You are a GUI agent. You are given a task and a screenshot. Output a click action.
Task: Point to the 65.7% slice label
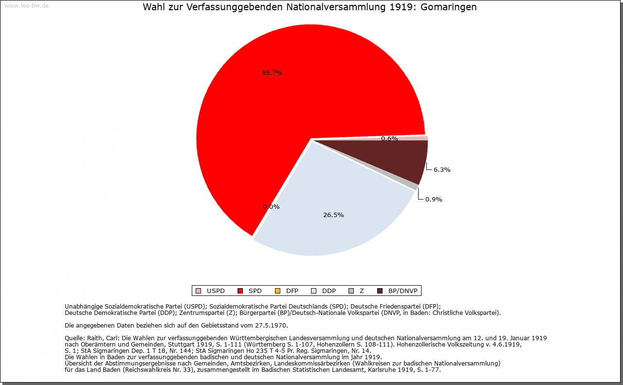click(272, 73)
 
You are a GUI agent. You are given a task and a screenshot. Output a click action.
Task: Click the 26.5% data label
click(333, 215)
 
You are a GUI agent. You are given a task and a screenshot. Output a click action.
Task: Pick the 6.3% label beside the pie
click(442, 170)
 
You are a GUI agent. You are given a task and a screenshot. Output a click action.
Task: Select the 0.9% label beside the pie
click(434, 199)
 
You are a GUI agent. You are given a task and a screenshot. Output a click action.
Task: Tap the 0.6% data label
click(389, 139)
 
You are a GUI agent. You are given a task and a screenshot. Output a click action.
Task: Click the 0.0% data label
click(271, 206)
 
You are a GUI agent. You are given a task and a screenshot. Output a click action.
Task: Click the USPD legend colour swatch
click(198, 291)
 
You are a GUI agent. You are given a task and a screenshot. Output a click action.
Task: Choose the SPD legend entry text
click(255, 291)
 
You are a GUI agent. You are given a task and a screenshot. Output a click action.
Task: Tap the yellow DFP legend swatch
click(277, 291)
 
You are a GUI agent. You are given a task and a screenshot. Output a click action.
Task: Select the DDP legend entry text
click(329, 291)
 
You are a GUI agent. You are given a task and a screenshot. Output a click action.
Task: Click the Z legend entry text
click(362, 291)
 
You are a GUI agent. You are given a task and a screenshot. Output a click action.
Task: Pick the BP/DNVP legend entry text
click(403, 291)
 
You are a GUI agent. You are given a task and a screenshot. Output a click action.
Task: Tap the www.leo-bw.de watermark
click(26, 6)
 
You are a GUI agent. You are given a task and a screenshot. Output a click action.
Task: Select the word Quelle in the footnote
click(75, 338)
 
